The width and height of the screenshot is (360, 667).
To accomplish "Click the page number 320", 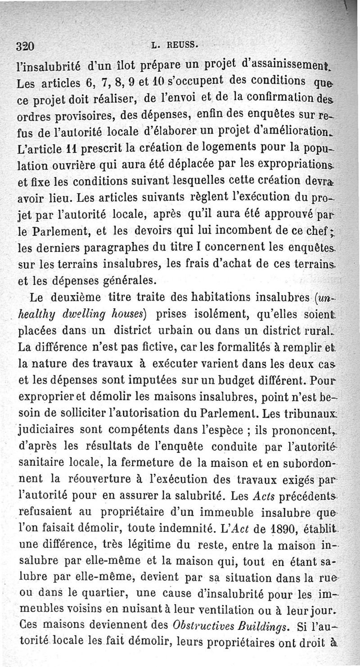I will [25, 46].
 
